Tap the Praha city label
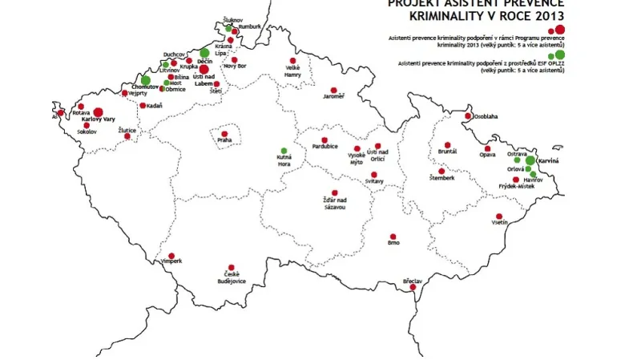pyautogui.click(x=224, y=140)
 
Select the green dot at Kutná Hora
pyautogui.click(x=284, y=150)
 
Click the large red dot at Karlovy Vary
pyautogui.click(x=98, y=112)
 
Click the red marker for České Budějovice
pyautogui.click(x=231, y=266)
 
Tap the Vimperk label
pyautogui.click(x=172, y=261)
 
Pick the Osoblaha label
pyautogui.click(x=485, y=116)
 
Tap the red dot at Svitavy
pyautogui.click(x=373, y=175)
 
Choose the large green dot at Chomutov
pyautogui.click(x=146, y=80)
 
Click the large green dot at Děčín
pyautogui.click(x=204, y=53)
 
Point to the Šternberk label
pyautogui.click(x=441, y=177)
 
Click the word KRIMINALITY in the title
pyautogui.click(x=442, y=15)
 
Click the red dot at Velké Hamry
pyautogui.click(x=293, y=60)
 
